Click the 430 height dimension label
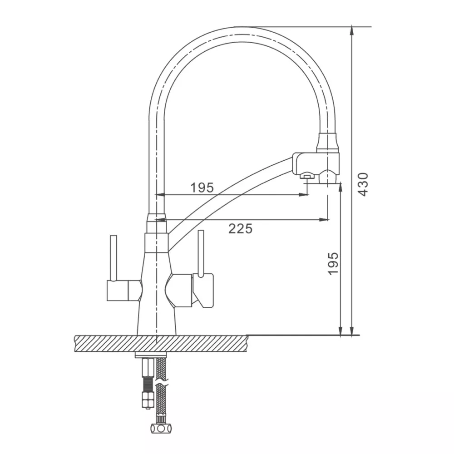point(363,184)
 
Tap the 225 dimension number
point(240,229)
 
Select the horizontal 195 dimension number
point(202,188)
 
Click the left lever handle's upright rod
point(113,258)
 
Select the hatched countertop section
point(161,344)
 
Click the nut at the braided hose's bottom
point(161,428)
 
